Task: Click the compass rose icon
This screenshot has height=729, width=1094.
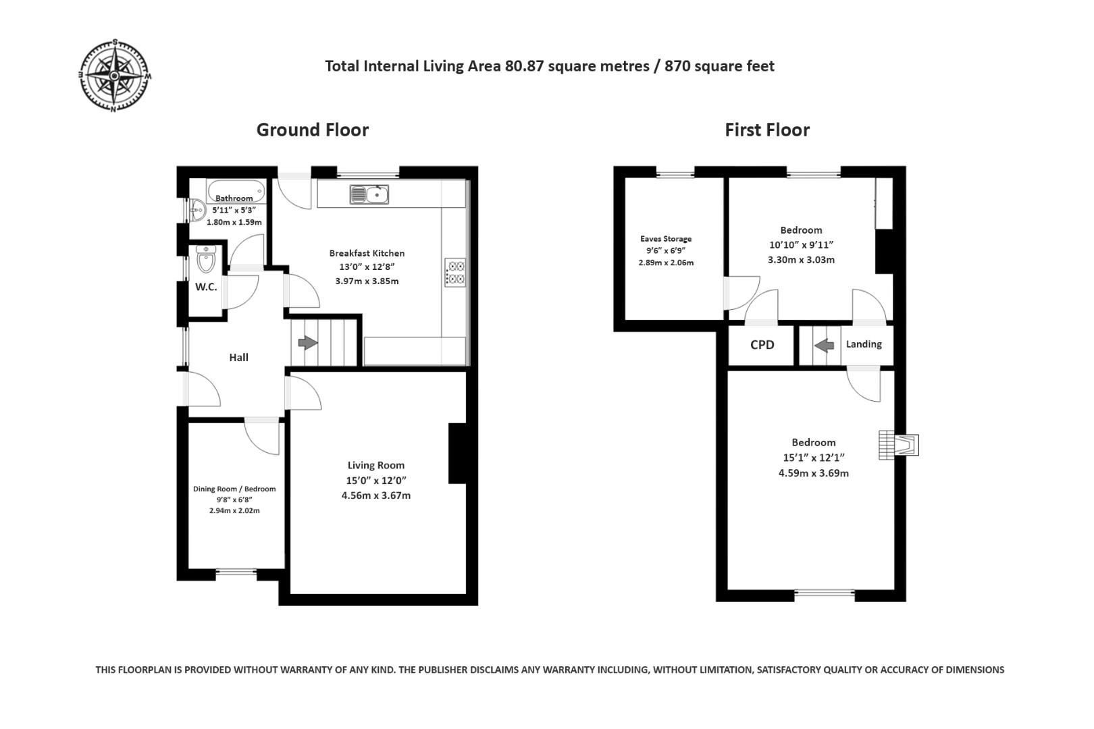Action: tap(115, 76)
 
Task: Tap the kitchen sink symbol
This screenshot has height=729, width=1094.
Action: tap(369, 194)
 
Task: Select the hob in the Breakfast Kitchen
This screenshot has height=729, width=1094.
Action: tap(455, 272)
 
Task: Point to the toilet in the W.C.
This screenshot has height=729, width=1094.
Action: tap(206, 259)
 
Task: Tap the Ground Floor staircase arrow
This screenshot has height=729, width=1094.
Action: tap(308, 343)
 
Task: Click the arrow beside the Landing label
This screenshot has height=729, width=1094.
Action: tap(824, 345)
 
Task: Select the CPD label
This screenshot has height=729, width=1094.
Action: tap(762, 345)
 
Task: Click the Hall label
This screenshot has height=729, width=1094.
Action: tap(238, 358)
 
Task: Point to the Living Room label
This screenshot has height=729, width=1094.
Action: tap(376, 465)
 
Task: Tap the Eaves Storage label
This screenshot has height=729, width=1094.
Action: tap(666, 239)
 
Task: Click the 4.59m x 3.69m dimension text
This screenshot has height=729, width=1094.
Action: tap(813, 473)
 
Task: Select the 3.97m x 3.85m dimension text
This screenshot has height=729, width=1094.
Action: tap(367, 281)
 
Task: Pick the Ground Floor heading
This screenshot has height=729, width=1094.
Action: tap(312, 130)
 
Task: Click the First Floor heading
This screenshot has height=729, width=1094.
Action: tap(766, 130)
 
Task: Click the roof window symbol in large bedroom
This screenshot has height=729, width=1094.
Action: tap(899, 445)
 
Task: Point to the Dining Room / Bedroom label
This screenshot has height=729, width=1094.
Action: tap(234, 489)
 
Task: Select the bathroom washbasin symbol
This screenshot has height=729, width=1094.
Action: tap(197, 210)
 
